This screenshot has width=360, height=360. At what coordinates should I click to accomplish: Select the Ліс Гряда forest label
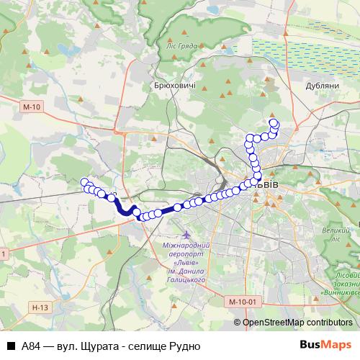[x=181, y=44]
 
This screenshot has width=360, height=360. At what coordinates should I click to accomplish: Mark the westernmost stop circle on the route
[x=84, y=182]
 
